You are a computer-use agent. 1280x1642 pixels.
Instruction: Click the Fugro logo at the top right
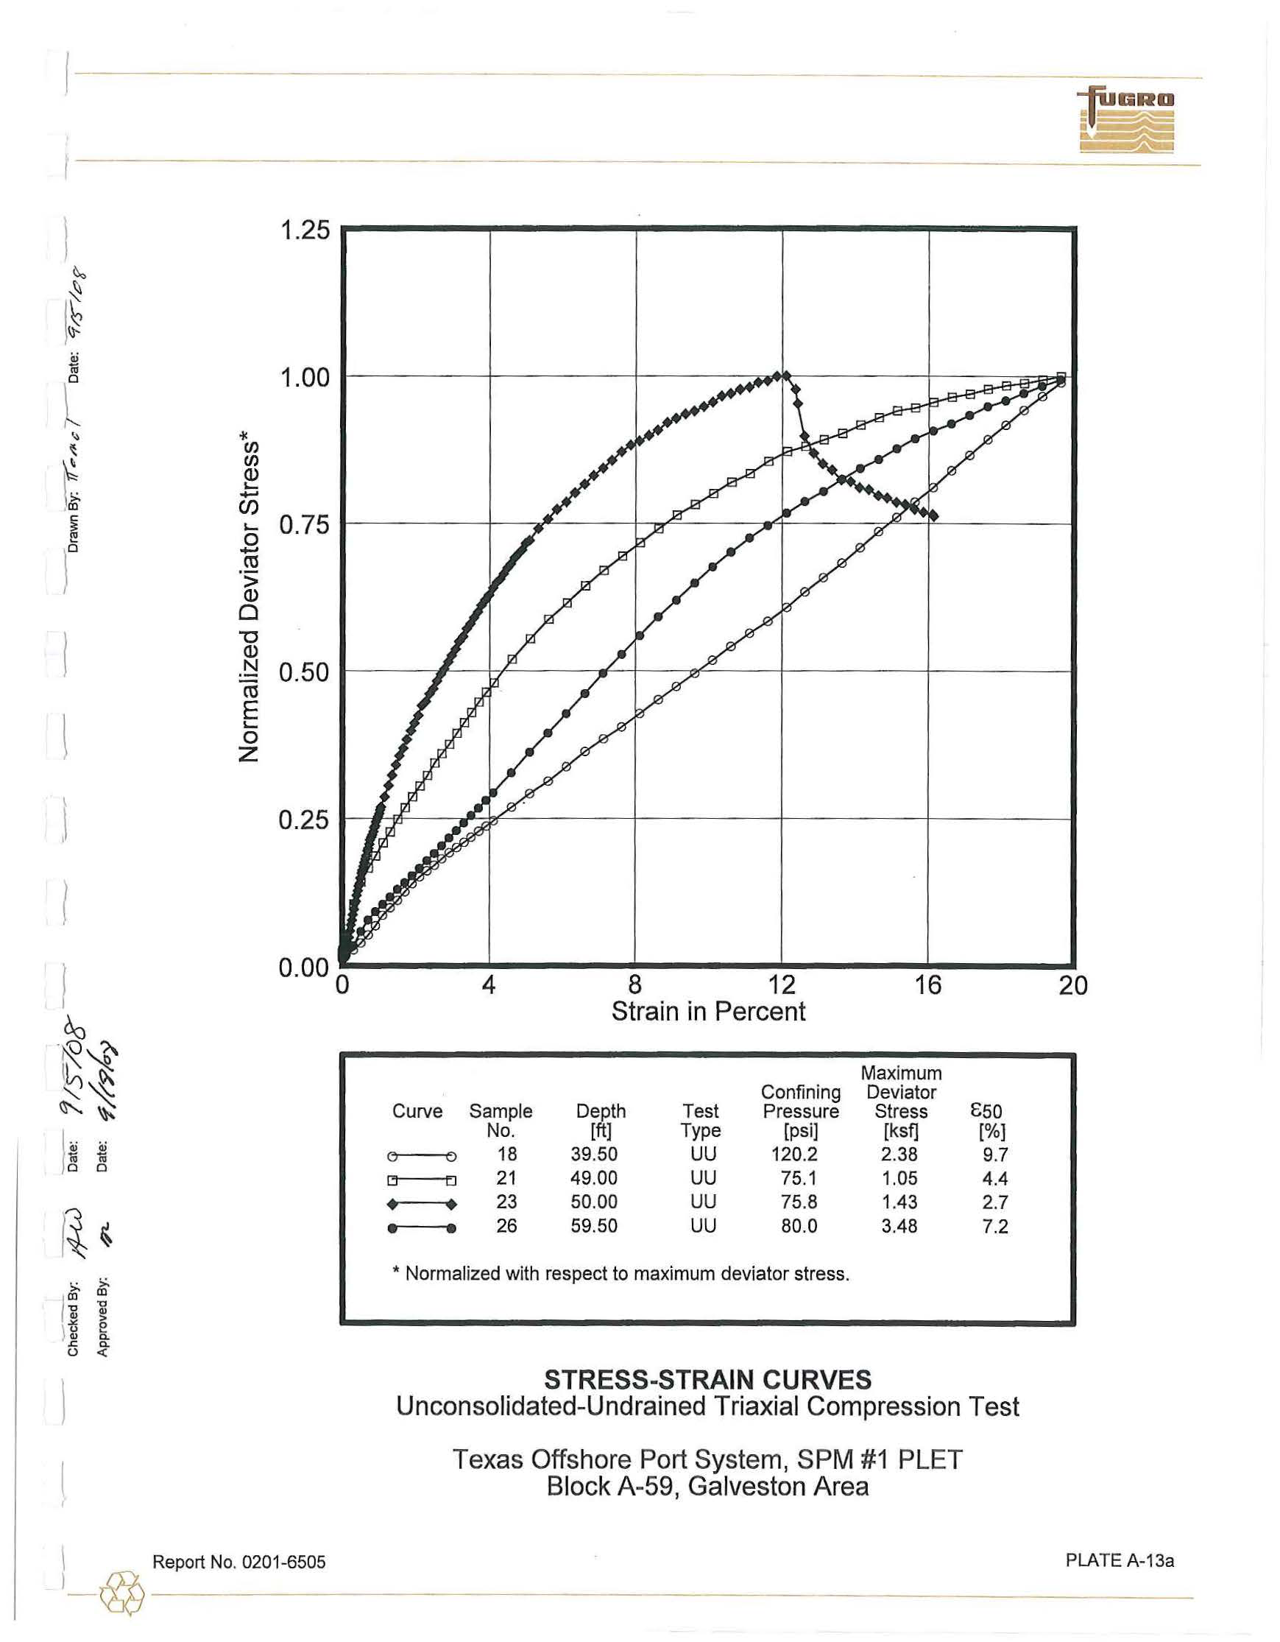[x=1126, y=120]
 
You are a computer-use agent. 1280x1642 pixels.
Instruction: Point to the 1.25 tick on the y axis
[x=305, y=230]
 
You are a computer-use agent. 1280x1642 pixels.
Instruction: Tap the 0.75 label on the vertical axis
[x=305, y=525]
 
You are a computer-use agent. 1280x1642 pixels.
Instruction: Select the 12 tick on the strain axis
[x=782, y=984]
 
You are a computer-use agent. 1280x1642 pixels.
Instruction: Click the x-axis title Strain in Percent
[x=708, y=1012]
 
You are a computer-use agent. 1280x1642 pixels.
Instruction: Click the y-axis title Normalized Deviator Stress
[x=249, y=600]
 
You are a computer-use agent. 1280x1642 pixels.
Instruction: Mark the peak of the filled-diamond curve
[x=785, y=376]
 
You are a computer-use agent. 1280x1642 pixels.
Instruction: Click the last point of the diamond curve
[x=933, y=516]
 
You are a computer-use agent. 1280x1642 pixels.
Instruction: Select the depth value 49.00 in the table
[x=594, y=1178]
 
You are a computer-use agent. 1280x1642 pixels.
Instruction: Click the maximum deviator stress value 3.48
[x=899, y=1226]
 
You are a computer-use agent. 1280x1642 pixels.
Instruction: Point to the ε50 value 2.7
[x=995, y=1202]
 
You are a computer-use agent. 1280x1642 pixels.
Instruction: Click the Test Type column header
[x=701, y=1120]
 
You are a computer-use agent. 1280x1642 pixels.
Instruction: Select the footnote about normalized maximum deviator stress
[x=620, y=1274]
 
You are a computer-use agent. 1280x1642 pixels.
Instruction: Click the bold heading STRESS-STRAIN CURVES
[x=707, y=1380]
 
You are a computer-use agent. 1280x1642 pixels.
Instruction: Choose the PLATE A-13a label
[x=1119, y=1560]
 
